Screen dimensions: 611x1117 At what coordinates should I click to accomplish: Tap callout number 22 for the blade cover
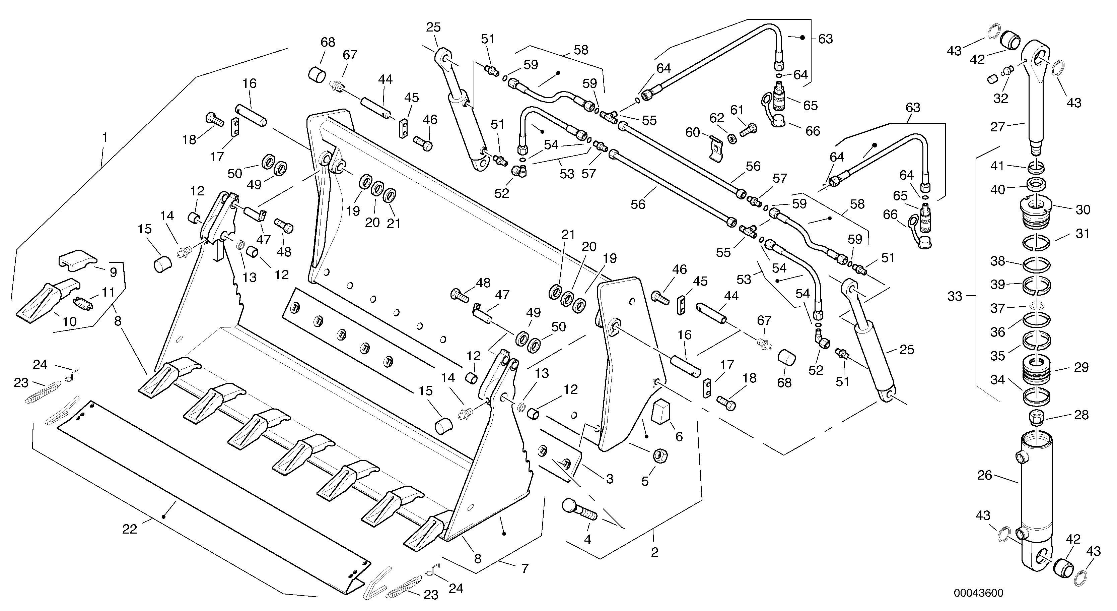[129, 529]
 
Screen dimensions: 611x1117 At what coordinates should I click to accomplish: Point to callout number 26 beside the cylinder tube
[984, 475]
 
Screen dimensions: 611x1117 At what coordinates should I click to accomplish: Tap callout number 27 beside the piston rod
[997, 127]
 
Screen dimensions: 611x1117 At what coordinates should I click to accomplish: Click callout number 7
[525, 568]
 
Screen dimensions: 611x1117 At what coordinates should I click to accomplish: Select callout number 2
[654, 552]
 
